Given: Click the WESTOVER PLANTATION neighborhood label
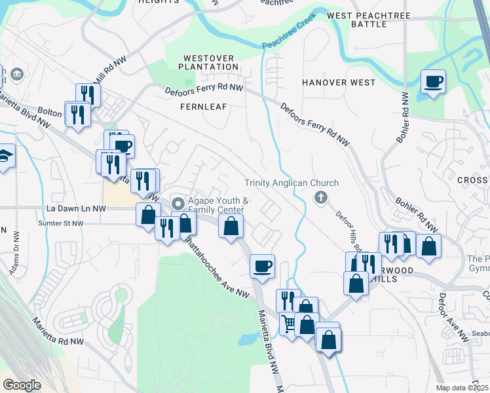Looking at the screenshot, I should [210, 62].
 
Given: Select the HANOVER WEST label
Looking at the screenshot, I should [339, 83].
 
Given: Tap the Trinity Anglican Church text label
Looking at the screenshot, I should [292, 183].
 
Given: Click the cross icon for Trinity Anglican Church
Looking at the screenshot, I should [320, 197].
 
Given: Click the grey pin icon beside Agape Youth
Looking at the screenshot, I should [177, 203].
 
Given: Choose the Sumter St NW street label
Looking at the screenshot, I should [58, 223].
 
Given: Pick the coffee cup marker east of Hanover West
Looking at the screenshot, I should [433, 82].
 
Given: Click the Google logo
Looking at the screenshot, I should [22, 384].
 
